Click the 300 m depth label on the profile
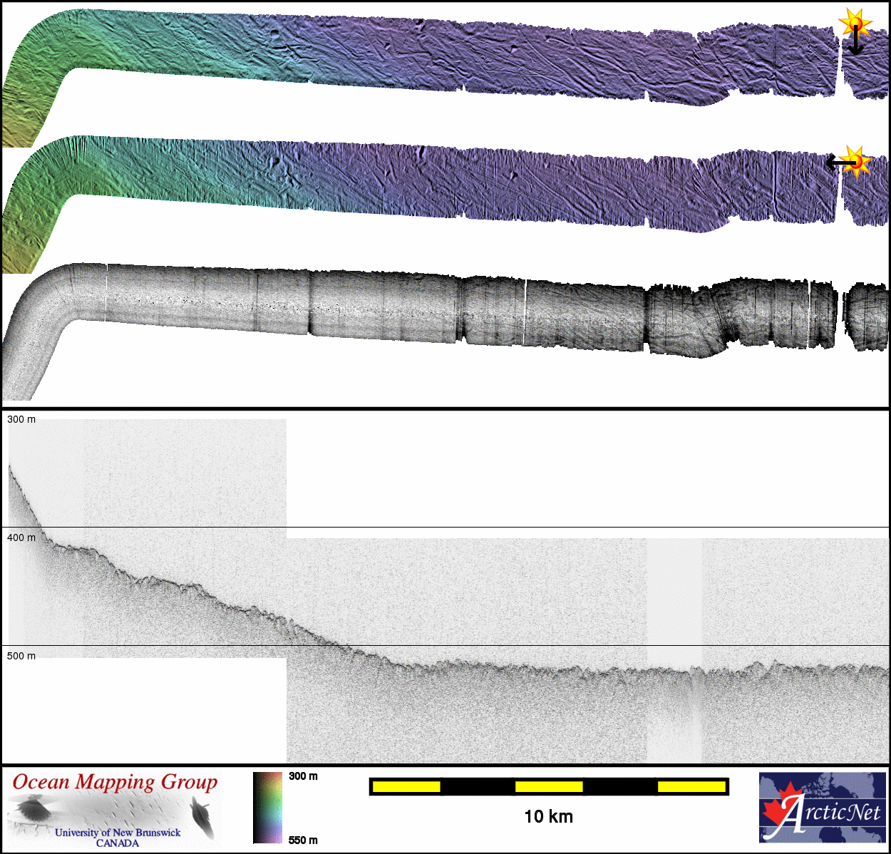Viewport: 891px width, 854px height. point(21,419)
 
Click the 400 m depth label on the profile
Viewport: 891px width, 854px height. point(21,537)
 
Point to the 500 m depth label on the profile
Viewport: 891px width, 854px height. point(21,656)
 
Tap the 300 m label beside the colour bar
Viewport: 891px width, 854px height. point(303,776)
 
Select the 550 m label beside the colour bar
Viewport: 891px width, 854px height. point(303,840)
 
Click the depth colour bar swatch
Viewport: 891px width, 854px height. point(267,808)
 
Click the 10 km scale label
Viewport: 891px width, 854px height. point(549,816)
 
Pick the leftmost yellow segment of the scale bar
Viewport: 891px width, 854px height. point(406,787)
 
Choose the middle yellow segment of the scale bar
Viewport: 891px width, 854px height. point(549,787)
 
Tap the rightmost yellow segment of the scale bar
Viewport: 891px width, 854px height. point(691,787)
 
